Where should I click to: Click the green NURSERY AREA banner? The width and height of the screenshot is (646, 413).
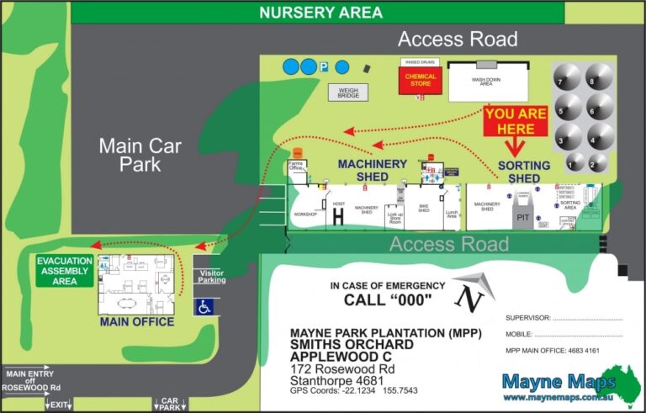click(320, 13)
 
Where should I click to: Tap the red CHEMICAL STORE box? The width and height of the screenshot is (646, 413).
click(421, 81)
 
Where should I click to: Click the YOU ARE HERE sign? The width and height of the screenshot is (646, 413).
click(521, 121)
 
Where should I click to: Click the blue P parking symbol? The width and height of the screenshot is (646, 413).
click(325, 66)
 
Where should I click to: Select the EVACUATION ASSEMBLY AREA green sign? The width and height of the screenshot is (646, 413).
click(65, 271)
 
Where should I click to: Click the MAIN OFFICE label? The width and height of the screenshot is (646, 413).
click(137, 322)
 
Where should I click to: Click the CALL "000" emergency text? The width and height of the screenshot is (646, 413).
click(388, 300)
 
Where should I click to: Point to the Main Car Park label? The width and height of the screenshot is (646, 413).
click(128, 155)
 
